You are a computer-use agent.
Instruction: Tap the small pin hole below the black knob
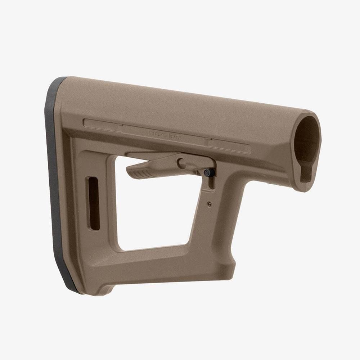[x=210, y=204]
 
